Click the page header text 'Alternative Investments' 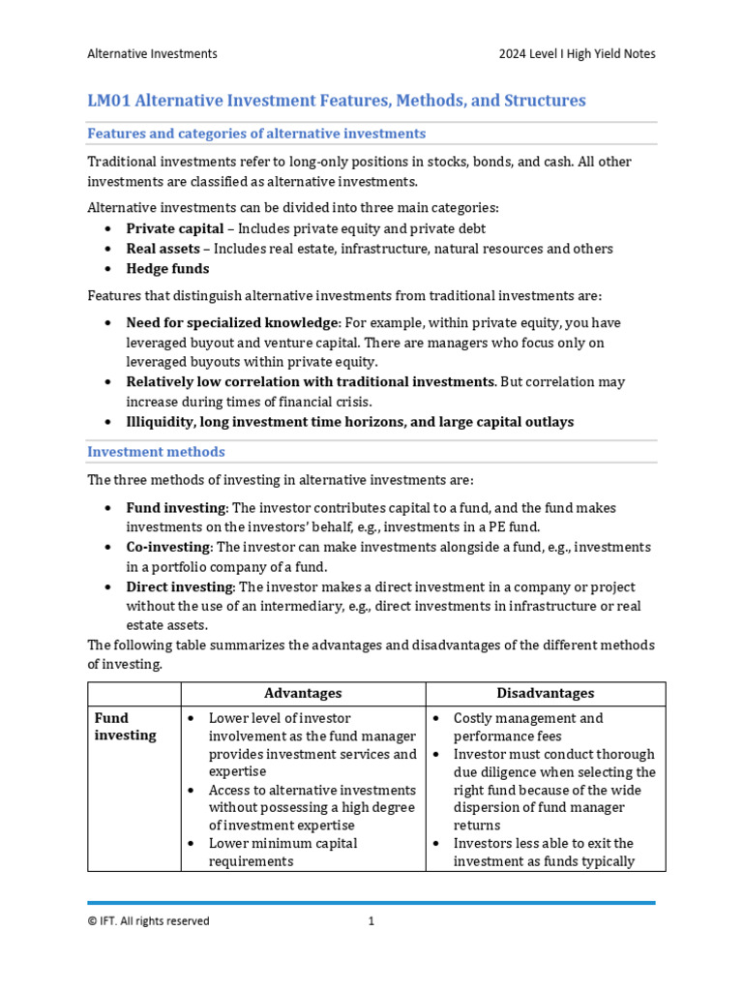coord(152,54)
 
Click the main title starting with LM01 coord(337,101)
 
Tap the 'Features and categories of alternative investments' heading coord(256,134)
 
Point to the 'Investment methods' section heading coord(156,452)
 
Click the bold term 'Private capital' coord(179,229)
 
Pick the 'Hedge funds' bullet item coord(167,269)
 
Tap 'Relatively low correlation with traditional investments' coord(311,382)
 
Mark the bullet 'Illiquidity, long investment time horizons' coord(349,422)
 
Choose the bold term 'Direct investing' coord(180,587)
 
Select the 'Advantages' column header coord(303,694)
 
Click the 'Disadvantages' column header coord(545,694)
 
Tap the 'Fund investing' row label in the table coord(125,727)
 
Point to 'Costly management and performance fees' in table coord(528,727)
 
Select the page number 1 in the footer coord(371,921)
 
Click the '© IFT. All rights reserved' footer coord(148,921)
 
